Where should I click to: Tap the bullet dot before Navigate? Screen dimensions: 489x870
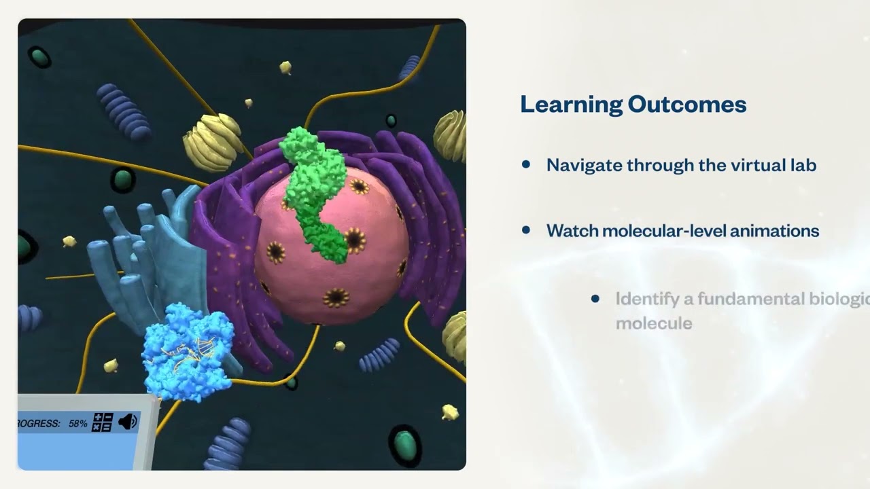click(x=525, y=164)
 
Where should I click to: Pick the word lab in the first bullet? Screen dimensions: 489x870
click(x=803, y=165)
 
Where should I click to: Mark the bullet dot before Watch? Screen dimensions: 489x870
click(x=525, y=230)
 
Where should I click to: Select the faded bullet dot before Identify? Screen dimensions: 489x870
click(x=595, y=299)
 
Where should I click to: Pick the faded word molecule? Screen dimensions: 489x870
click(x=654, y=323)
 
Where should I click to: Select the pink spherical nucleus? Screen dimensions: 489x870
click(x=340, y=272)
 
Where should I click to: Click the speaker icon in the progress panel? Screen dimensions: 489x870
click(x=128, y=422)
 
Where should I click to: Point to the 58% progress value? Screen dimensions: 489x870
click(x=77, y=423)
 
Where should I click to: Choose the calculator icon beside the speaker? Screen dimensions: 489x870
click(x=102, y=422)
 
